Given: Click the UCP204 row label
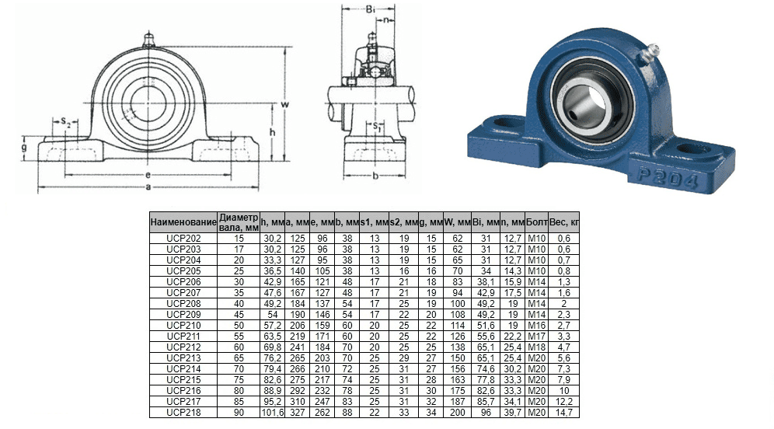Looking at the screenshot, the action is click(183, 260).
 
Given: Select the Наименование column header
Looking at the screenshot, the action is click(183, 222).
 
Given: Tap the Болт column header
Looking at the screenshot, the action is click(536, 222).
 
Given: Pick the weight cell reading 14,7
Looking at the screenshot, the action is click(563, 412).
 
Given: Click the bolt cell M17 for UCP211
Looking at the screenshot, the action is click(536, 337).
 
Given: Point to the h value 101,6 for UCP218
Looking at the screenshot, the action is click(273, 412).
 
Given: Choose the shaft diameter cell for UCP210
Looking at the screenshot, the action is click(239, 326).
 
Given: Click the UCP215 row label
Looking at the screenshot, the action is click(183, 379).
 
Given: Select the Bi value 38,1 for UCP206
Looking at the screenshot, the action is click(486, 282).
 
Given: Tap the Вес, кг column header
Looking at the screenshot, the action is click(563, 222).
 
